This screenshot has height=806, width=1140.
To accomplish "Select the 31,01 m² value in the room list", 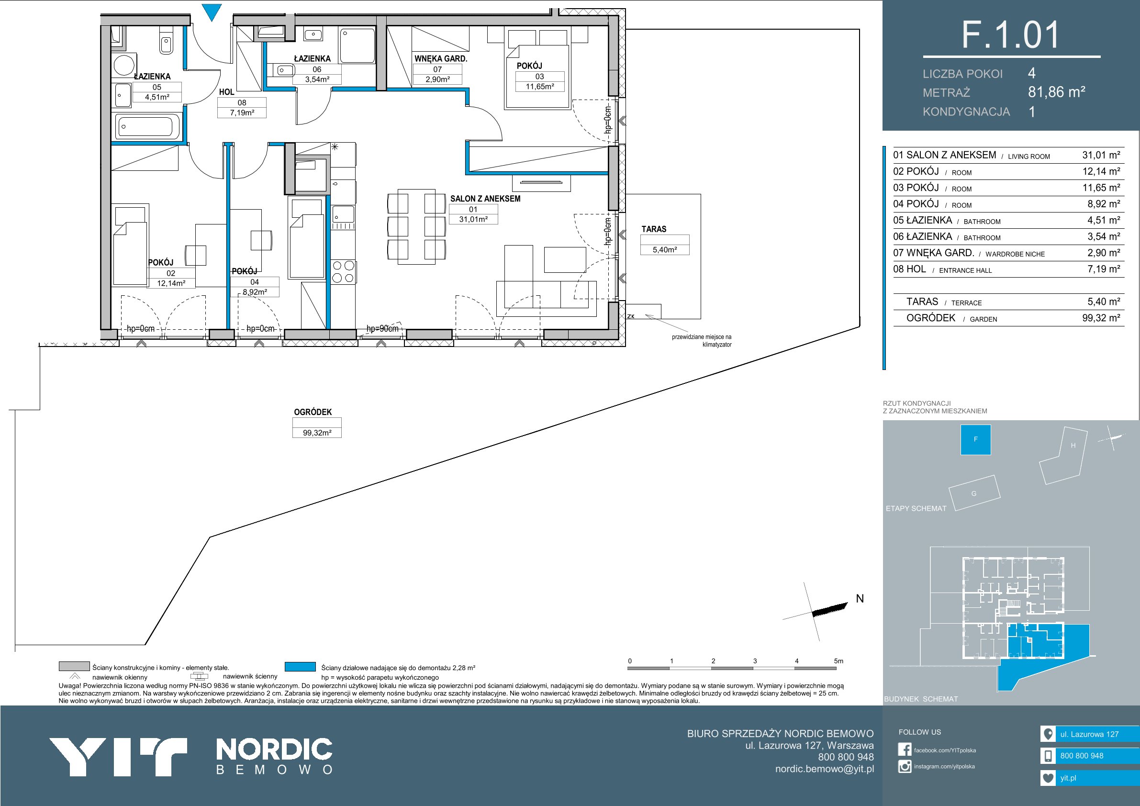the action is (1101, 155).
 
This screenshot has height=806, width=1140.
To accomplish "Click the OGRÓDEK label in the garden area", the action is (313, 412).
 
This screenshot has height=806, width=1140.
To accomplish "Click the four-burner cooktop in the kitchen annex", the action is (343, 272).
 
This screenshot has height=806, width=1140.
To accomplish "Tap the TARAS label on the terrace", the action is (654, 229).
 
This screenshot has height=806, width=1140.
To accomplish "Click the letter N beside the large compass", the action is (860, 599).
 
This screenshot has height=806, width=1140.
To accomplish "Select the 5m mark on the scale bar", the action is (838, 661).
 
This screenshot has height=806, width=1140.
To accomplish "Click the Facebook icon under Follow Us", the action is (905, 750).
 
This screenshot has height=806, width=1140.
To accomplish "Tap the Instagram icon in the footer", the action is (905, 766).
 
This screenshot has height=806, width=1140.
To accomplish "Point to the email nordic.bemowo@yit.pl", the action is (825, 769).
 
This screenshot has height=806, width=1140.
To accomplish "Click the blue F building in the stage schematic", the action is (976, 439).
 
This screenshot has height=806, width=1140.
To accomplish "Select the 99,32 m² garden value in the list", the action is (1101, 318).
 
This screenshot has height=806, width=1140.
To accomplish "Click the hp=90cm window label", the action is (382, 329).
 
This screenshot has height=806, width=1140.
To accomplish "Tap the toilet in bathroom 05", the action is (167, 42).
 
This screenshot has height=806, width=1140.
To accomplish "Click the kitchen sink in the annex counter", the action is (343, 214).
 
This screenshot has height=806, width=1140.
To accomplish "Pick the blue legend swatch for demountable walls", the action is (301, 666).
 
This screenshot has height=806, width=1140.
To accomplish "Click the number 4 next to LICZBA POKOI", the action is (1032, 74).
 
